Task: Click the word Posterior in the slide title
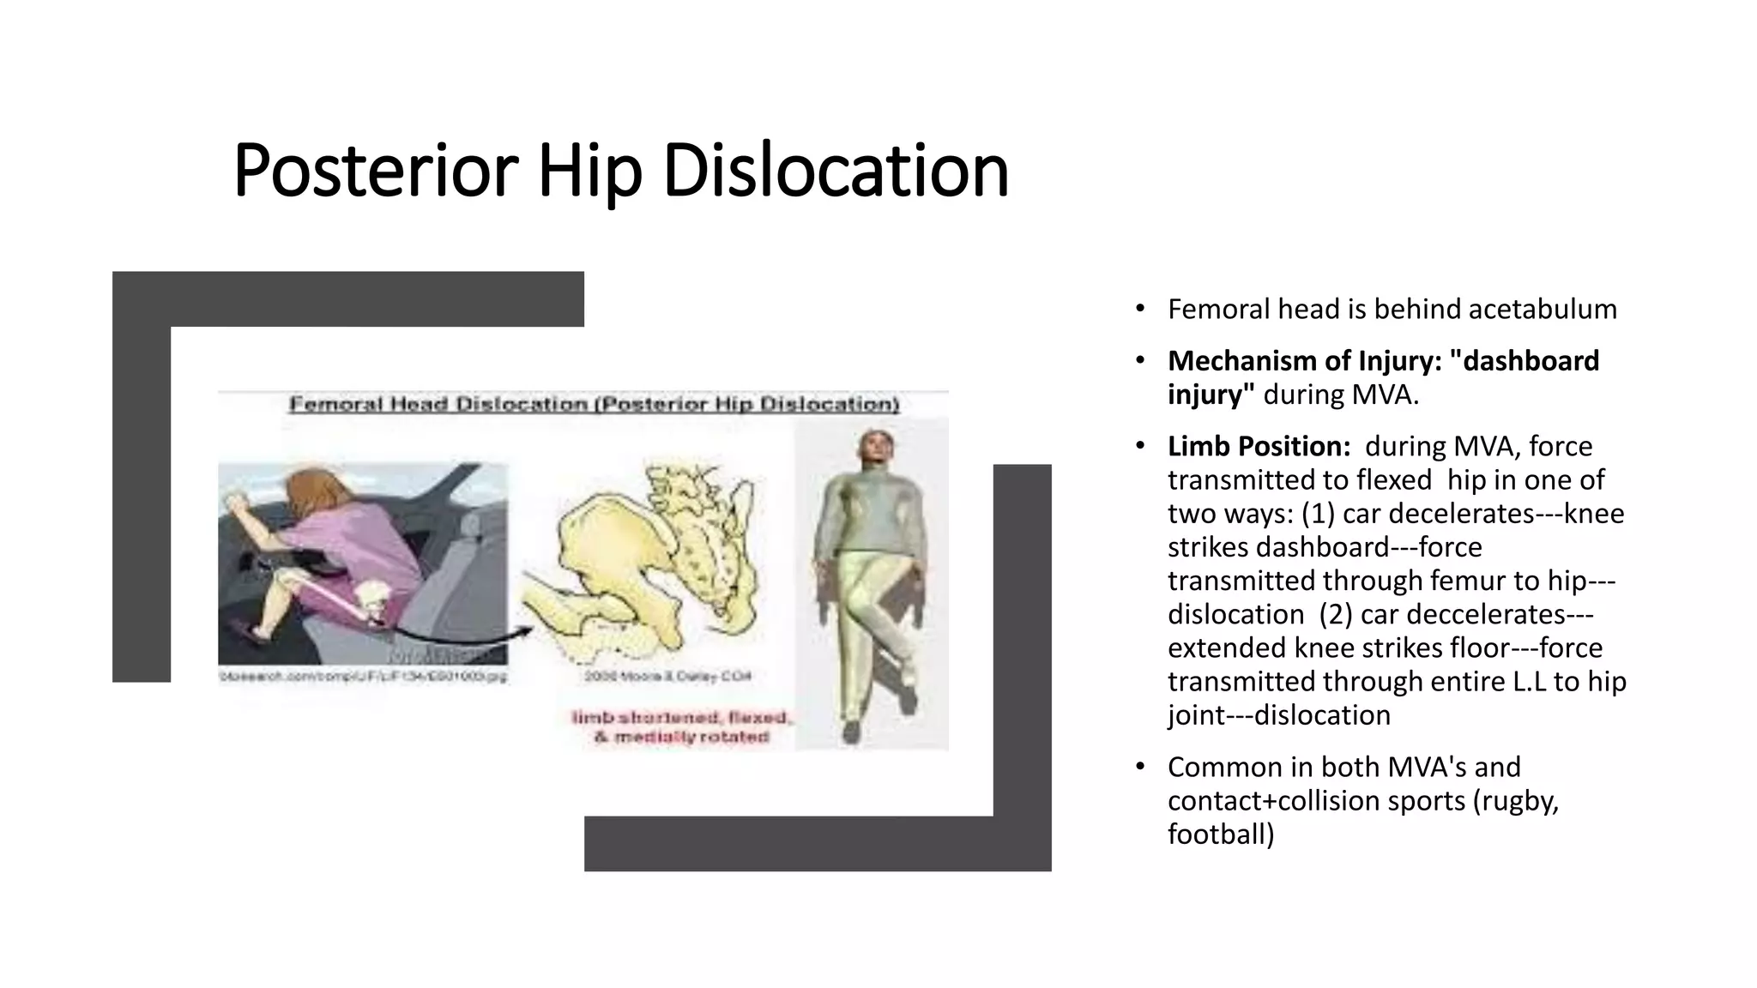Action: [x=375, y=171]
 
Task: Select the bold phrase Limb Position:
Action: [x=1259, y=446]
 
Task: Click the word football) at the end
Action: [x=1220, y=834]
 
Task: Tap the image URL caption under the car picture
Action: [x=362, y=677]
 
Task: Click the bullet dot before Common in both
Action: [x=1139, y=766]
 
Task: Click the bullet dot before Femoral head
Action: [x=1139, y=309]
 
